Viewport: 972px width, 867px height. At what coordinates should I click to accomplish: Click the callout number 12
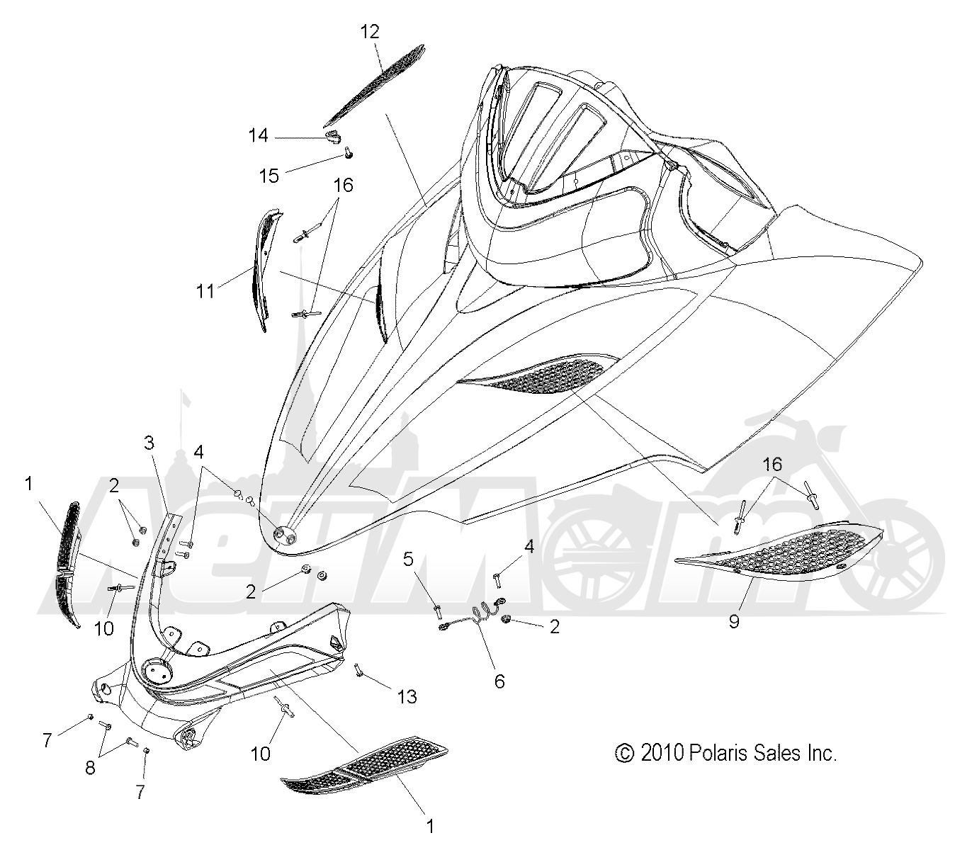pyautogui.click(x=369, y=32)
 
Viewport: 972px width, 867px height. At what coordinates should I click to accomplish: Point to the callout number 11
pyautogui.click(x=205, y=291)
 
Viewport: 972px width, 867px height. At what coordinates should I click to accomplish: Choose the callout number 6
pyautogui.click(x=499, y=681)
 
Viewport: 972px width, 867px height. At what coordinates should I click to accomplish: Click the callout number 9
pyautogui.click(x=734, y=622)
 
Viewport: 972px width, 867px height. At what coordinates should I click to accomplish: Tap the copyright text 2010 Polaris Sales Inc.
pyautogui.click(x=726, y=752)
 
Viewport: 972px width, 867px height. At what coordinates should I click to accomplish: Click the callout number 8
pyautogui.click(x=90, y=768)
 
